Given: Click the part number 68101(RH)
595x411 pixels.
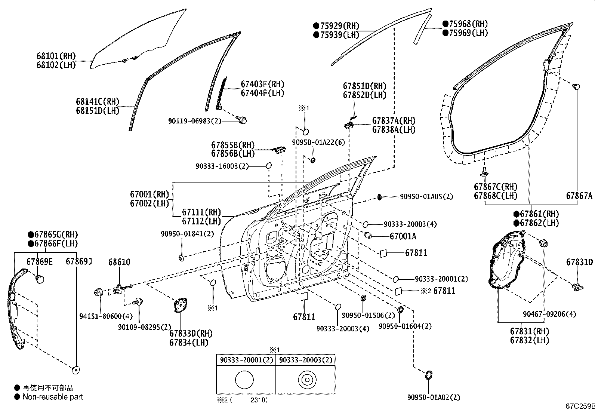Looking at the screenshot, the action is pyautogui.click(x=56, y=56).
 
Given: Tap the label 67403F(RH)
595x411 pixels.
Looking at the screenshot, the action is pyautogui.click(x=262, y=84).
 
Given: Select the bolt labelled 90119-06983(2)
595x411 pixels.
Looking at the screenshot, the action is pyautogui.click(x=243, y=120).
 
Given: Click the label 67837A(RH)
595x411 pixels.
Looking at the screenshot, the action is pyautogui.click(x=394, y=121).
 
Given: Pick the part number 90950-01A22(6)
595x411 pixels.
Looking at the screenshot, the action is pyautogui.click(x=318, y=142).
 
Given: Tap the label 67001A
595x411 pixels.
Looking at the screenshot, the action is pyautogui.click(x=403, y=236).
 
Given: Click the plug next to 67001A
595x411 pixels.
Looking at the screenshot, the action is pyautogui.click(x=368, y=235).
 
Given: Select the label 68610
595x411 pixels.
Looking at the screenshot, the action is pyautogui.click(x=119, y=262).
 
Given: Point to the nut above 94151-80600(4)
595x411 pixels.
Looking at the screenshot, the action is pyautogui.click(x=99, y=292).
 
